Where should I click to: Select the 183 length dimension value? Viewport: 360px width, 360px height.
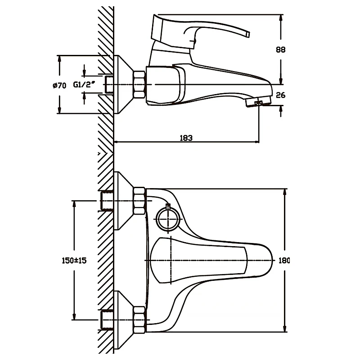[186, 138]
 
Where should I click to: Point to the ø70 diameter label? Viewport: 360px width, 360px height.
[58, 85]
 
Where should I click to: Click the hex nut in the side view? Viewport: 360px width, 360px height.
[139, 84]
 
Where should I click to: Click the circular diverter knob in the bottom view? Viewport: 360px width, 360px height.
[168, 220]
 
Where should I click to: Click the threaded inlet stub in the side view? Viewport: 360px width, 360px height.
[108, 85]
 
